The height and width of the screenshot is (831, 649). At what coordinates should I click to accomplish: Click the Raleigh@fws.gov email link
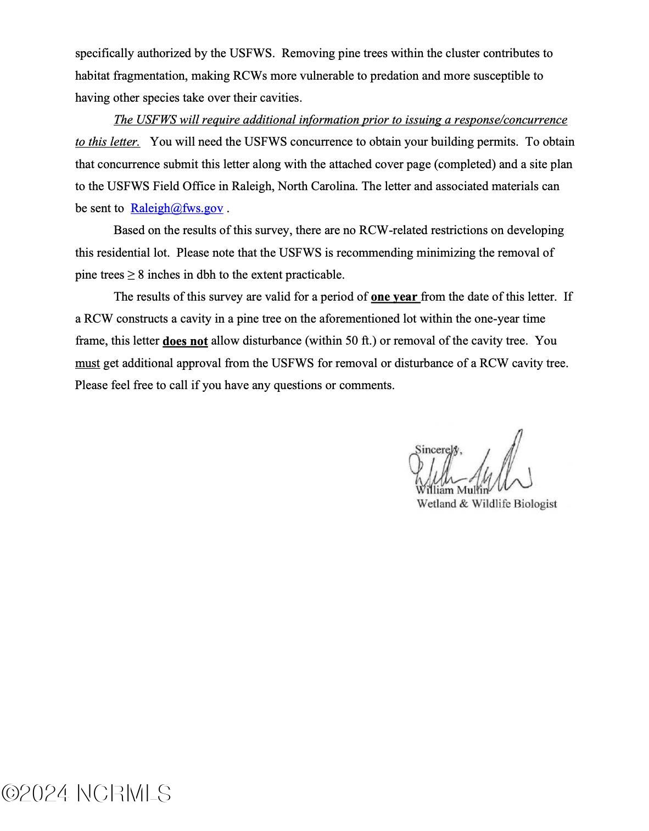tap(177, 208)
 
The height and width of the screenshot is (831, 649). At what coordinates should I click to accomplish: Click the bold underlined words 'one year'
tap(394, 297)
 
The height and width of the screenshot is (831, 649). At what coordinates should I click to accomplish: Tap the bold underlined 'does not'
tap(185, 341)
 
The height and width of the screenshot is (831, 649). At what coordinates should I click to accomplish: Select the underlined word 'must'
tap(87, 363)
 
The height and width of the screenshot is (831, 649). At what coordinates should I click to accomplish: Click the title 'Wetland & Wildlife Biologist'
tap(486, 503)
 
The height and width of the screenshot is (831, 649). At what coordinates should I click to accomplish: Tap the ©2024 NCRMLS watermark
tap(87, 794)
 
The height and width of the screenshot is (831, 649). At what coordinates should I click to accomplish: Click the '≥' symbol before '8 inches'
tap(131, 275)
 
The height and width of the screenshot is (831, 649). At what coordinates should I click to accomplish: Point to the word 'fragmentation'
tap(148, 76)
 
